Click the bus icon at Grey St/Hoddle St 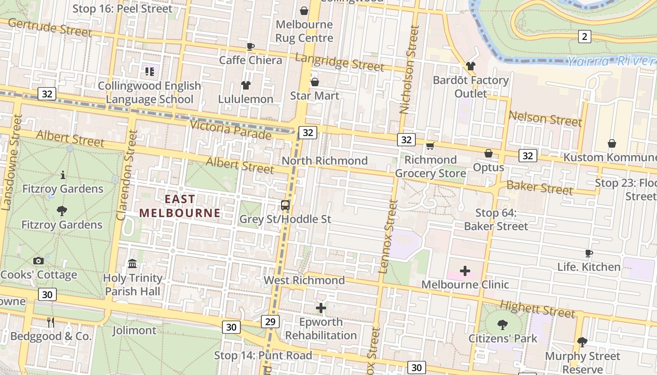[x=285, y=205]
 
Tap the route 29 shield [x=270, y=322]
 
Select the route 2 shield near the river [x=584, y=37]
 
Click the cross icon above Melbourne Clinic [x=465, y=271]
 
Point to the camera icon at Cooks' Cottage [x=38, y=261]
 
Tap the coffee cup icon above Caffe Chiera [x=250, y=46]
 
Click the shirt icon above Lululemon [x=246, y=85]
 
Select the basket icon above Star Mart [x=315, y=82]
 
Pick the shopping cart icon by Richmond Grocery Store [x=430, y=146]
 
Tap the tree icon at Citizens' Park [x=503, y=324]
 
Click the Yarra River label [x=610, y=61]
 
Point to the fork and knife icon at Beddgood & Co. [x=51, y=322]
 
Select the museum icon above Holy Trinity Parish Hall [x=132, y=264]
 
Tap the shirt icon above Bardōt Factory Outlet [x=471, y=66]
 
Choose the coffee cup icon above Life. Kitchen [x=588, y=254]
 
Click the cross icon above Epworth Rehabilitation [x=321, y=308]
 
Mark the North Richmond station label [x=324, y=161]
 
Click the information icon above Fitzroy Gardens [x=63, y=175]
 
